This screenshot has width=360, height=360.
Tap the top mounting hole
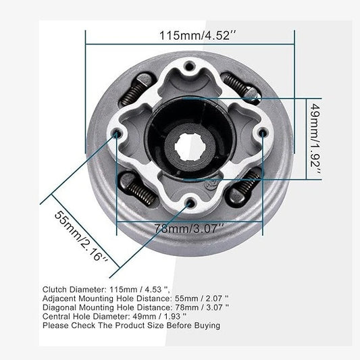point(190,66)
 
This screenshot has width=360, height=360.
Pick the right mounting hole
point(262,136)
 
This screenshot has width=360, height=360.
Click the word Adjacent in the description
point(60,297)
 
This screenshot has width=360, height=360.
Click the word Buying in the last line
point(205,325)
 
